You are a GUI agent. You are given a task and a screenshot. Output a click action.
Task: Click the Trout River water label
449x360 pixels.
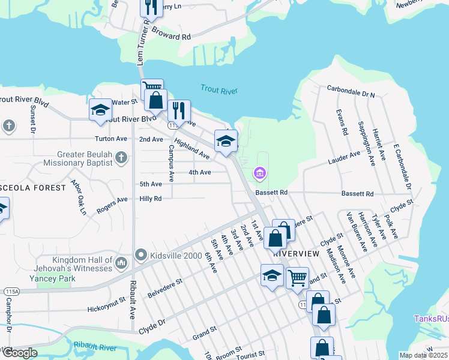click(x=219, y=91)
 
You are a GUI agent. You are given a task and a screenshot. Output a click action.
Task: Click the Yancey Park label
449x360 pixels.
click(x=52, y=278)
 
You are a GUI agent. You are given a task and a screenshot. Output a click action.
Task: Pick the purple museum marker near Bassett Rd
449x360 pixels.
click(x=260, y=174)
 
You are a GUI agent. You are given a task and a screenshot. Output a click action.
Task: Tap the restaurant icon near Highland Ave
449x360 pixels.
click(x=178, y=110)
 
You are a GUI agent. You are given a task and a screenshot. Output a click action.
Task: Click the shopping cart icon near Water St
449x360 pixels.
click(x=152, y=88)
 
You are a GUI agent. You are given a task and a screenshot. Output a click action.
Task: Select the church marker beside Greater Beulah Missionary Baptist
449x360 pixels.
click(x=121, y=158)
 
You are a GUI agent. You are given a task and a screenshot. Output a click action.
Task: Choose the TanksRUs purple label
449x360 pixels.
click(x=432, y=319)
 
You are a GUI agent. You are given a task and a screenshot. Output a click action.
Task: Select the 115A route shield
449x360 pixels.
click(x=10, y=291)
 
